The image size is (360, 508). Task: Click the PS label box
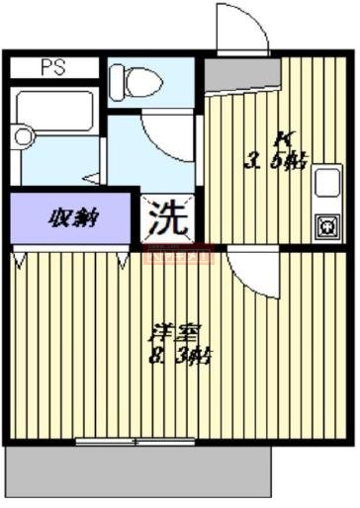53,68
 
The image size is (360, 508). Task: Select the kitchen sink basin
326,184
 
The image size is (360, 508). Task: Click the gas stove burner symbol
325,226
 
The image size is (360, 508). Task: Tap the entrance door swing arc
243,28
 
